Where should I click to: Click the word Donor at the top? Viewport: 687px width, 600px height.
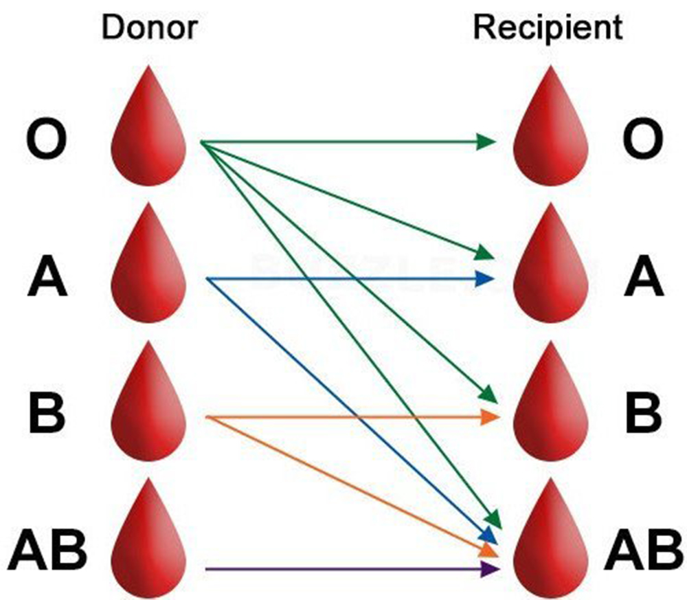click(149, 28)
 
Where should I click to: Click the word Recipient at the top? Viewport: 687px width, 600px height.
click(548, 28)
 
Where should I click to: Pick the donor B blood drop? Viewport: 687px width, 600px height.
click(149, 412)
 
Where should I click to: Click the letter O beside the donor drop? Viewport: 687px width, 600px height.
click(47, 140)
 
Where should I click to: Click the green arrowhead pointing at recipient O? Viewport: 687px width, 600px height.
click(486, 142)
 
